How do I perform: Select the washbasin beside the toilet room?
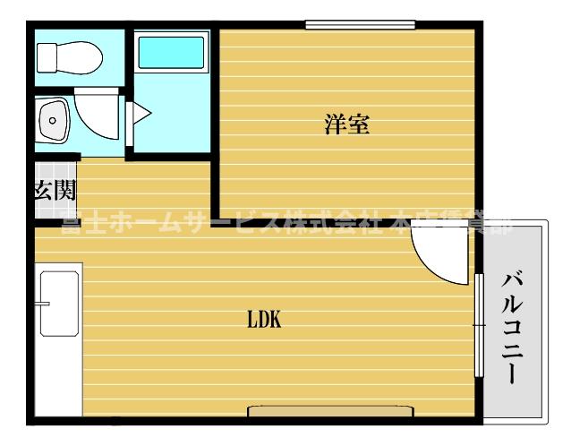pyautogui.click(x=55, y=119)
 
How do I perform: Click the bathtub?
pyautogui.click(x=173, y=53)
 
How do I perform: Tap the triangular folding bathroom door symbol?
pyautogui.click(x=140, y=116)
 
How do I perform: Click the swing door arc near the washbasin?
pyautogui.click(x=98, y=115)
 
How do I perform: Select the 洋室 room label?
pyautogui.click(x=347, y=124)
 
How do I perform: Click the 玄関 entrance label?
pyautogui.click(x=55, y=190)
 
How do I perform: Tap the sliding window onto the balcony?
pyautogui.click(x=479, y=323)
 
